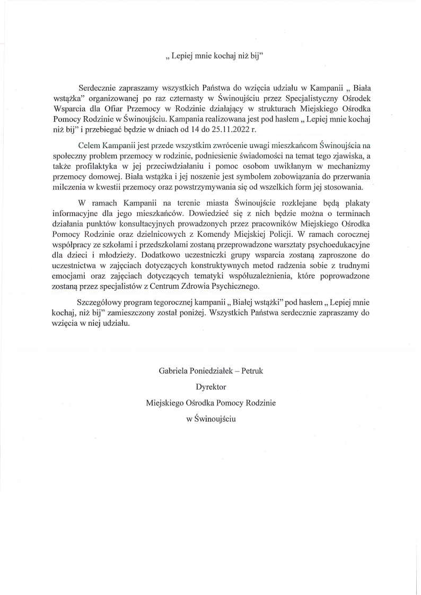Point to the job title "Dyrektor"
(211, 387)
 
